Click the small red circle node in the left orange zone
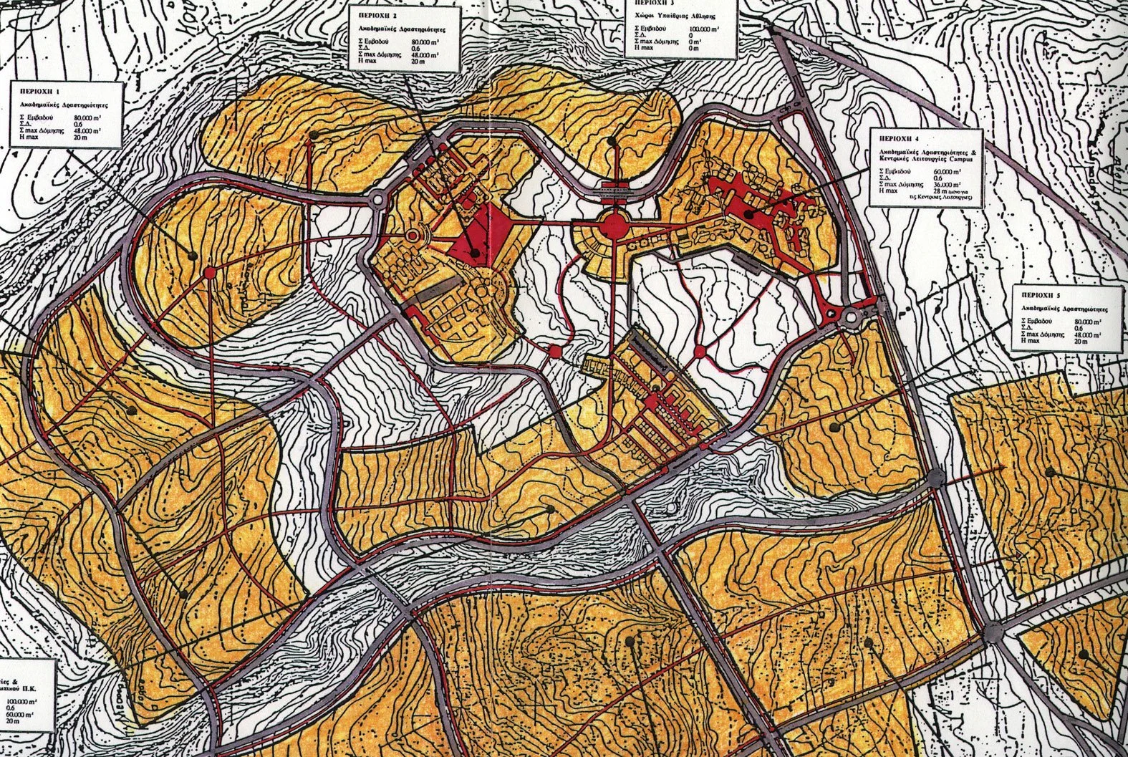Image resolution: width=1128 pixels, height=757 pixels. (211, 271)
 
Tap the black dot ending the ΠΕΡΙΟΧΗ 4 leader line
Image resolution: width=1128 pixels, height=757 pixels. (748, 213)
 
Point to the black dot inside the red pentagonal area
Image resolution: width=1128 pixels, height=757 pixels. (475, 252)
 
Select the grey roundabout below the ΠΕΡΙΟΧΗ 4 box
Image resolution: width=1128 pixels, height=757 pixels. (853, 315)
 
